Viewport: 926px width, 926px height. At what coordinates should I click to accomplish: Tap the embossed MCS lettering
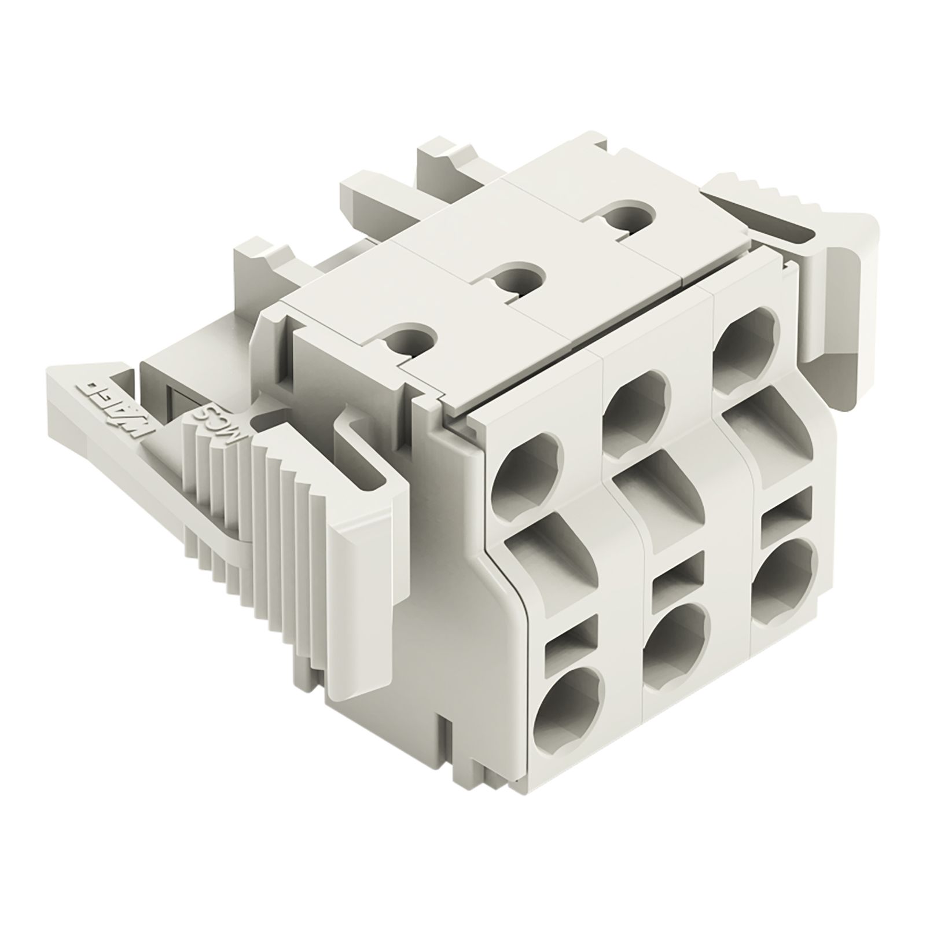pyautogui.click(x=213, y=422)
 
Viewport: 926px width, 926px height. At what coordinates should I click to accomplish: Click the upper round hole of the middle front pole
pyautogui.click(x=635, y=403)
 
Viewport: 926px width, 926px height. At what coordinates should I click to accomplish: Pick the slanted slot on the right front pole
pyautogui.click(x=764, y=420)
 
